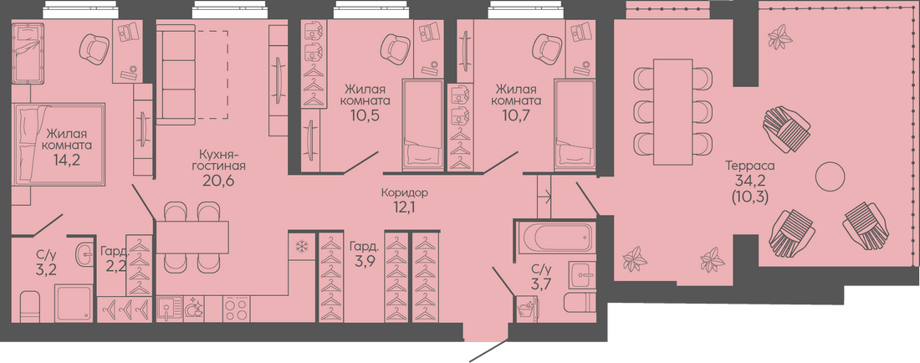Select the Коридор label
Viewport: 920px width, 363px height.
404,192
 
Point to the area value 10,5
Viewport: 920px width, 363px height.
366,115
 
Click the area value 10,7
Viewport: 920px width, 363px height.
517,115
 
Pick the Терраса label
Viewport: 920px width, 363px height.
750,166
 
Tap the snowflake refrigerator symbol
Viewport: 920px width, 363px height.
302,247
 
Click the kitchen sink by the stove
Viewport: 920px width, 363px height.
170,309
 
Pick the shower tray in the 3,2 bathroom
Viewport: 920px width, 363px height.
74,304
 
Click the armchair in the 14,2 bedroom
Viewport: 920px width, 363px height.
94,49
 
